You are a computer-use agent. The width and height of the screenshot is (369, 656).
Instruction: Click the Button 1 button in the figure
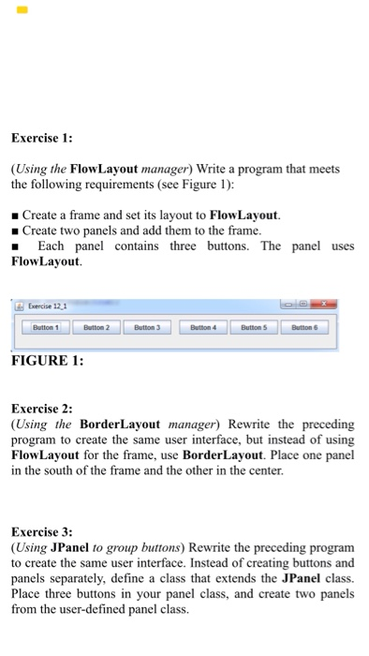(x=46, y=329)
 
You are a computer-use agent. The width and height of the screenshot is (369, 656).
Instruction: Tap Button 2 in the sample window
(x=96, y=329)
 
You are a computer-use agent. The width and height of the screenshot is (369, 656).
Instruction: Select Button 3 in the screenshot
(x=147, y=329)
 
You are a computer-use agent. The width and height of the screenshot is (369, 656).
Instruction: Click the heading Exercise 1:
(x=42, y=139)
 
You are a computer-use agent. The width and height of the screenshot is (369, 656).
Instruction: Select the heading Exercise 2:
(x=42, y=410)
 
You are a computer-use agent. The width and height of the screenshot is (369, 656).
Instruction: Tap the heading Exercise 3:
(x=42, y=530)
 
